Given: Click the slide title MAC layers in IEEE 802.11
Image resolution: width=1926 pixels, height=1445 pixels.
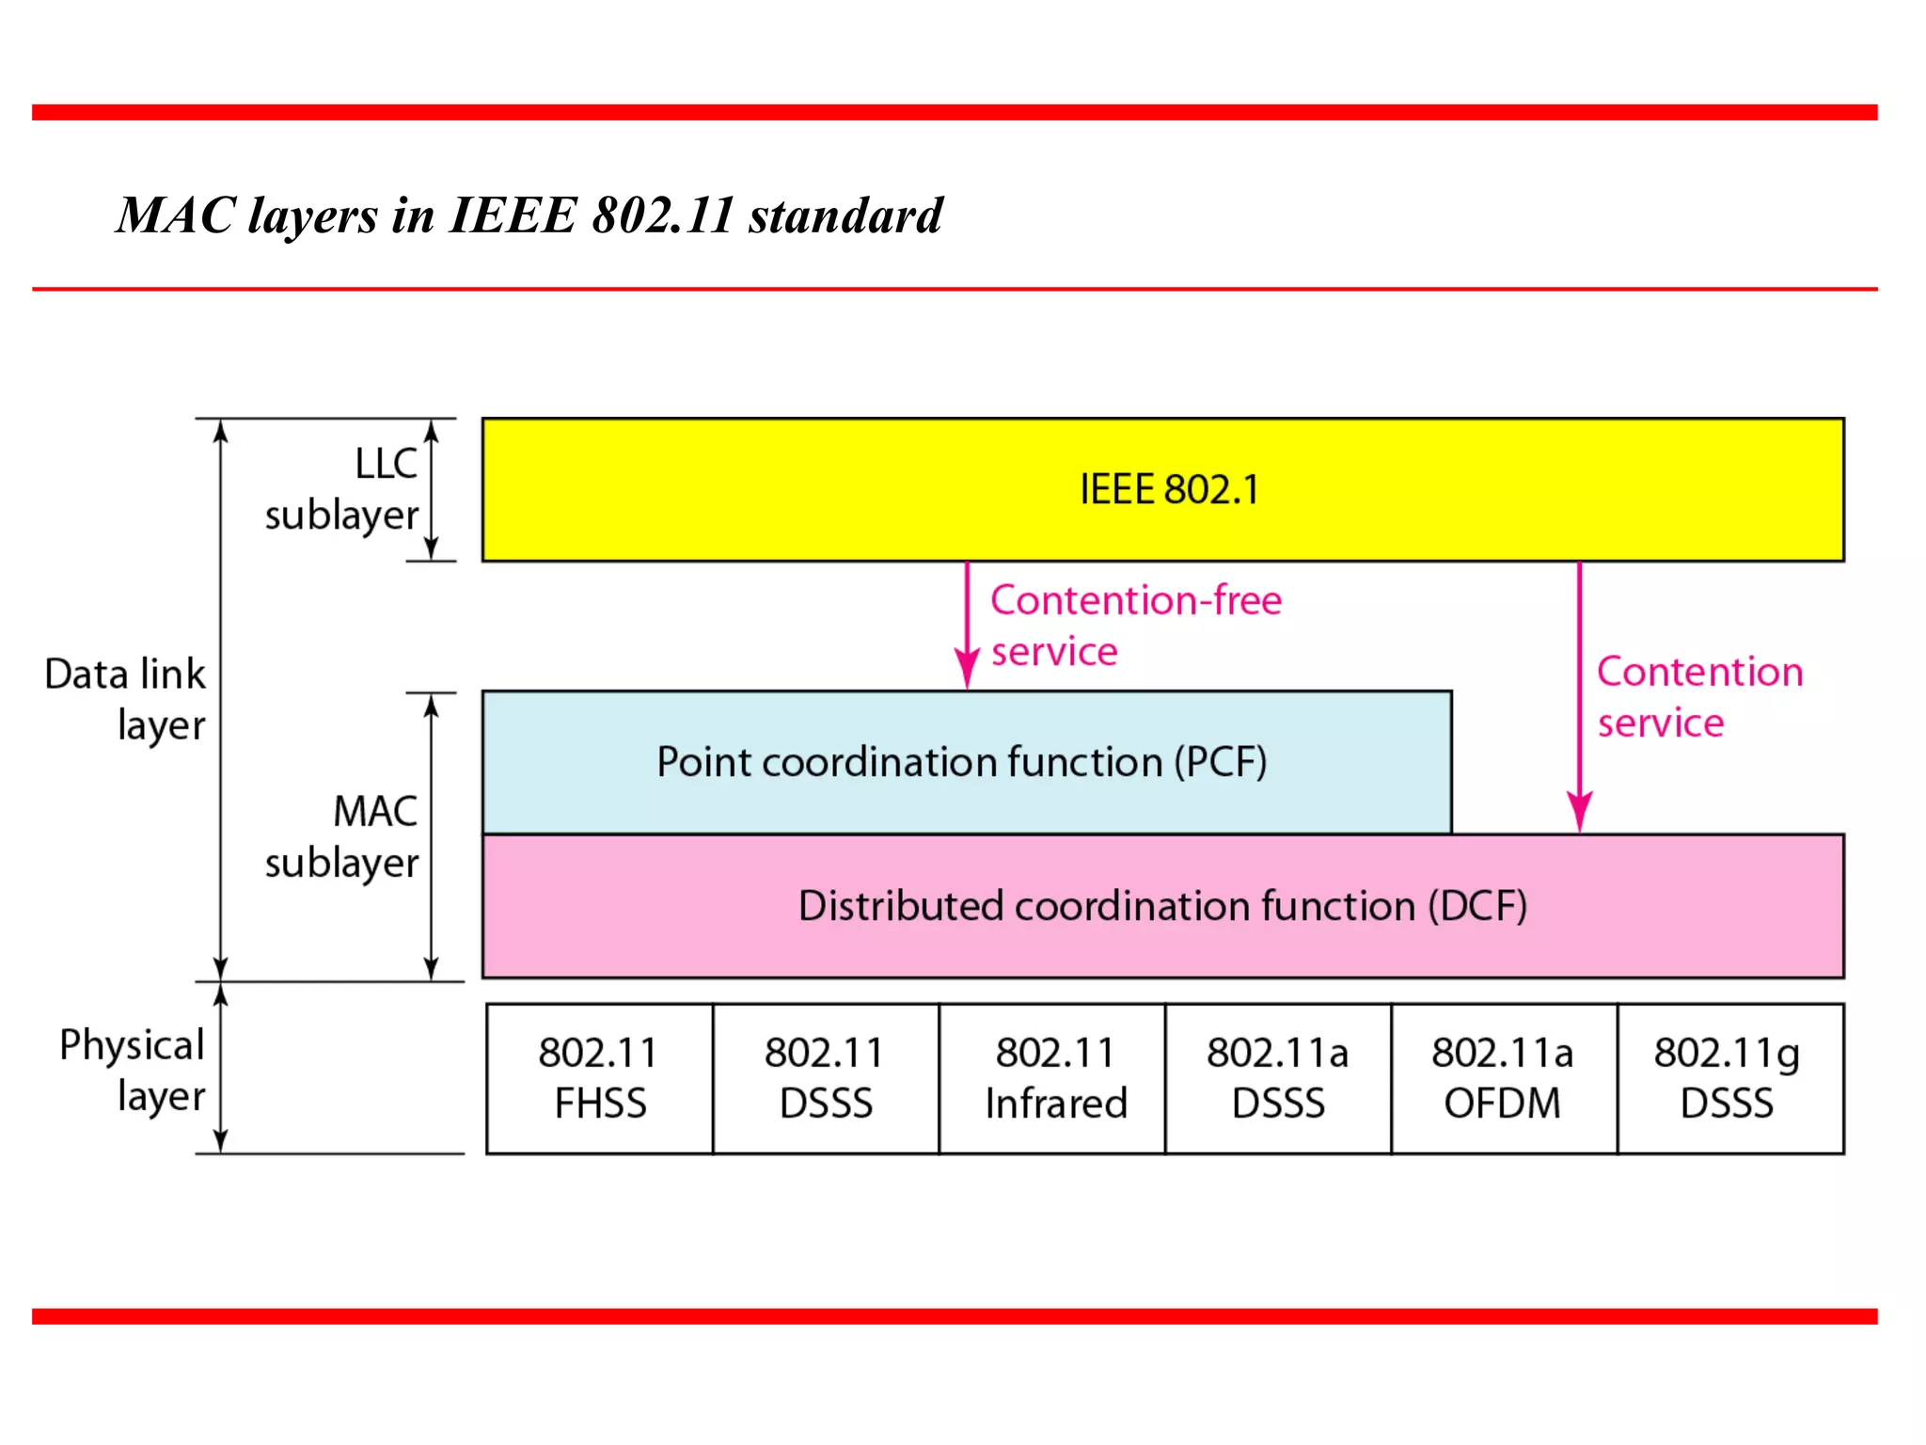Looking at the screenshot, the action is coord(529,215).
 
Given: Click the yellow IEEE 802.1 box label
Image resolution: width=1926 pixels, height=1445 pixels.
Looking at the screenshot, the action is coord(1168,490).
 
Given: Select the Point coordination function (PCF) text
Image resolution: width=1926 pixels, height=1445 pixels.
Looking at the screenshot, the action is coord(961,762).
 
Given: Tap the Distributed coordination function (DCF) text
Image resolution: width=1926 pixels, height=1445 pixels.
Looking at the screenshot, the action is coord(1162,906).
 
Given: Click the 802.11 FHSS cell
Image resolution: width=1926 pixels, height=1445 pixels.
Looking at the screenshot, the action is coord(599,1078).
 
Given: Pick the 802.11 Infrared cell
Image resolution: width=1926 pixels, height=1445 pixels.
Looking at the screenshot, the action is coord(1055,1078).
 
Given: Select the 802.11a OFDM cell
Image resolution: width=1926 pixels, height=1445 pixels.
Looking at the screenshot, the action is coord(1502,1078).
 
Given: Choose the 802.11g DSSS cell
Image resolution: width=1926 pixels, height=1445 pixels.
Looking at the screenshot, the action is coord(1728,1078).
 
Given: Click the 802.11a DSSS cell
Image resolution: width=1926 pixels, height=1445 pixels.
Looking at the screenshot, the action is coord(1277,1078).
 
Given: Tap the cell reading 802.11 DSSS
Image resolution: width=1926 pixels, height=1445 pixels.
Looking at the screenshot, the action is coord(825,1078).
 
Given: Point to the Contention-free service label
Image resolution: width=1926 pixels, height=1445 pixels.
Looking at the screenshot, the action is coord(1134,626).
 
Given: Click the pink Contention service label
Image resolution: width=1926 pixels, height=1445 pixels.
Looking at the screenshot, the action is coord(1698,697).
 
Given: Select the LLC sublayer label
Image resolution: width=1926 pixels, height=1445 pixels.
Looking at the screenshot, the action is coord(343,490).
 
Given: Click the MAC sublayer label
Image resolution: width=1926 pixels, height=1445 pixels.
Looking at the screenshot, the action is coord(343,837).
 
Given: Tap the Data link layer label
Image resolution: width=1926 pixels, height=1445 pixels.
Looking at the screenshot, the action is coord(125,700).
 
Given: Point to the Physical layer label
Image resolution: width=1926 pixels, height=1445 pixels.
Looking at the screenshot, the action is coord(133,1071).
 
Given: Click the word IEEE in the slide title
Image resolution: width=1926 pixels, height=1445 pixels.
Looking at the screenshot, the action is coord(513,215).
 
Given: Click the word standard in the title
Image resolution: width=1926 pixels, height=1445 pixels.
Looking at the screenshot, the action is coord(845,215).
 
